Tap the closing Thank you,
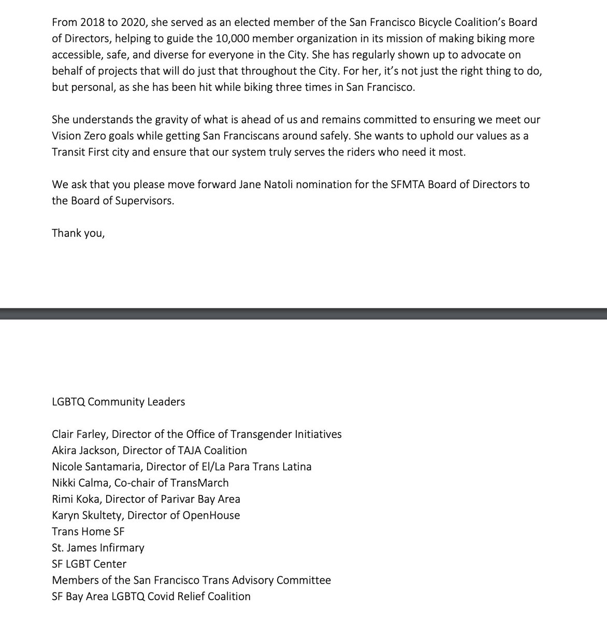(78, 233)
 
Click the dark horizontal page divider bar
(303, 314)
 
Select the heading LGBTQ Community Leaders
(118, 402)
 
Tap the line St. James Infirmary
(98, 547)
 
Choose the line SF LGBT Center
(89, 564)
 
